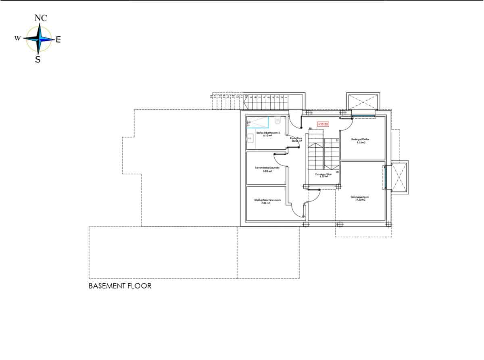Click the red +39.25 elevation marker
323,124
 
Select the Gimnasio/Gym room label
360,198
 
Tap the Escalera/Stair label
323,175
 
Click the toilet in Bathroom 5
277,120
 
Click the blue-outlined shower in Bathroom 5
258,122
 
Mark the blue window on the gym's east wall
386,177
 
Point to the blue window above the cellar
363,117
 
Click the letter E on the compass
58,40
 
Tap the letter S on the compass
38,60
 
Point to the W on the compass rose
17,38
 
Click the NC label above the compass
41,18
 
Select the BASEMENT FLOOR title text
120,286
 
